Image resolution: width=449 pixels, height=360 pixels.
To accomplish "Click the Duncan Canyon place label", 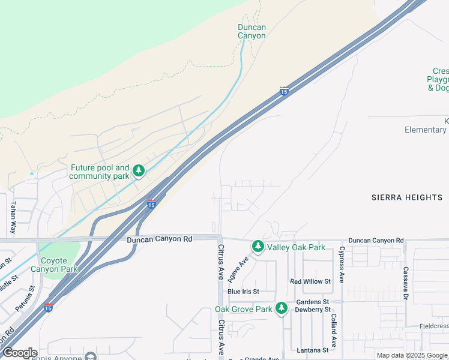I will click(x=252, y=31).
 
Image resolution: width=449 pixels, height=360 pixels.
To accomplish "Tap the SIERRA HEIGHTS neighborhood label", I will click(x=407, y=197).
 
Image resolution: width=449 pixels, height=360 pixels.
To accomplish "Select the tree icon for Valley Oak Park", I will click(x=258, y=246).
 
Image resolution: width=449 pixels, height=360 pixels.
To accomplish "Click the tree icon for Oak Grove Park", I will click(x=282, y=308).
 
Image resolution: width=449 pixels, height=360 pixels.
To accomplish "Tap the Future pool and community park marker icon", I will click(x=139, y=172).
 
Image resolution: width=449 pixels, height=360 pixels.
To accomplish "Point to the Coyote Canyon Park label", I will click(x=59, y=265).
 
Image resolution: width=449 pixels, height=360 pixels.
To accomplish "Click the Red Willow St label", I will click(x=310, y=281).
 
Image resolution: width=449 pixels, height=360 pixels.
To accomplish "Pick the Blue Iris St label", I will click(x=243, y=292).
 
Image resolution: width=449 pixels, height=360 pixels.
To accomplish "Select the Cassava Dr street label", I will click(x=406, y=284).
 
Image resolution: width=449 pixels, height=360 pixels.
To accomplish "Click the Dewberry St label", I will click(x=313, y=310).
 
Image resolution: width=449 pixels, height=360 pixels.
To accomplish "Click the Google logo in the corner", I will click(x=20, y=353).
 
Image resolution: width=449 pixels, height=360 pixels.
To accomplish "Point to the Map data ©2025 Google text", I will click(x=411, y=355).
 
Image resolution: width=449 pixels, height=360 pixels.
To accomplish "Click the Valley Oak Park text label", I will click(x=296, y=247).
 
